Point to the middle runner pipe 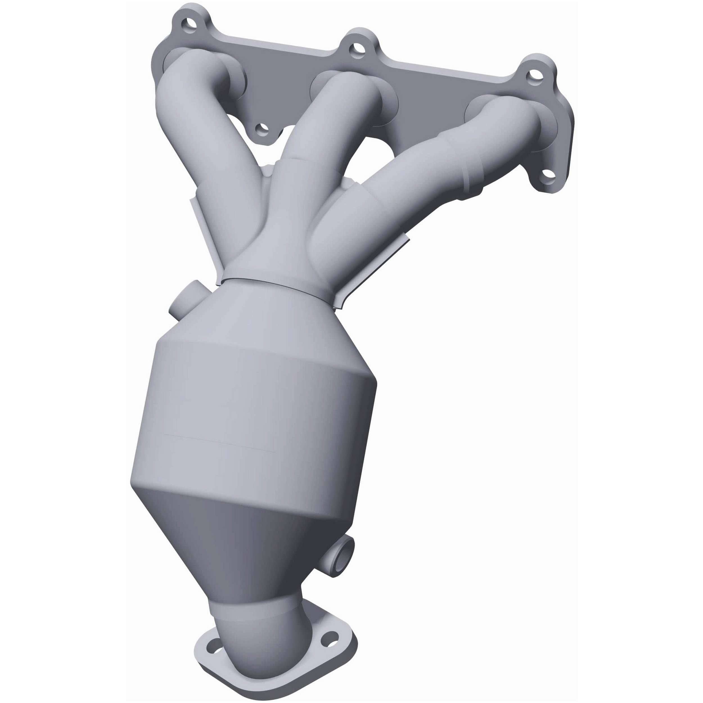click(x=313, y=146)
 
